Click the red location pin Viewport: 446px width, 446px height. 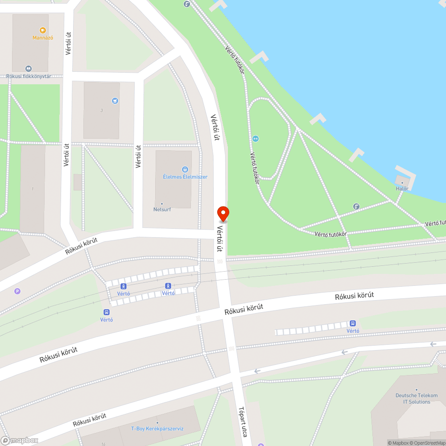tap(223, 214)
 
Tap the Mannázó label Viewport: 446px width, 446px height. tap(43, 38)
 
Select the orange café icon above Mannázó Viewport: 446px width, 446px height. tap(43, 30)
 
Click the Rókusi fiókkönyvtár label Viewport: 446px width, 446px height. tap(29, 76)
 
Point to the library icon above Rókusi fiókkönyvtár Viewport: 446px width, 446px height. tap(29, 69)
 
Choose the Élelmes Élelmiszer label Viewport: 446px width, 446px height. tap(185, 177)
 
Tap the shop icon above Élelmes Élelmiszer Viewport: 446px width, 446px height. tap(185, 169)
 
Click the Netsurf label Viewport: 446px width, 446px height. tap(162, 209)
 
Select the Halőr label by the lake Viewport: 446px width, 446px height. tap(402, 189)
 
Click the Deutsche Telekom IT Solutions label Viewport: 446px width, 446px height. tap(417, 399)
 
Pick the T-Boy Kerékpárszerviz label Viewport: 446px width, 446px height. tap(157, 429)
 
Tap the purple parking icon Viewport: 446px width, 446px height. tap(17, 291)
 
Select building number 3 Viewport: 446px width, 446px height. tap(102, 110)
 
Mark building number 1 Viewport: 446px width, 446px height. tap(33, 189)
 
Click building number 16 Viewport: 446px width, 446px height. tap(103, 444)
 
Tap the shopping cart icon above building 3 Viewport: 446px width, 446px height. tap(115, 101)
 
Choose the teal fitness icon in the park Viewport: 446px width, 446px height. tap(256, 139)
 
